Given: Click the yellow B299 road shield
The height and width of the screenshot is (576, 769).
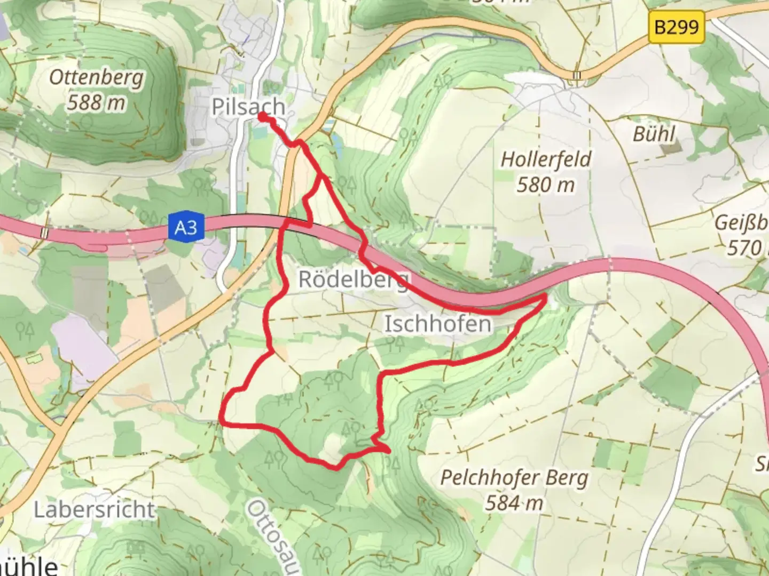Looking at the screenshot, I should pos(676,26).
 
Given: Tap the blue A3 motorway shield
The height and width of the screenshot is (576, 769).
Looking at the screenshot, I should pos(186,228).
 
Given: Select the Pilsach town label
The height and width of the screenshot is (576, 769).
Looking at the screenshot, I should pos(248,107).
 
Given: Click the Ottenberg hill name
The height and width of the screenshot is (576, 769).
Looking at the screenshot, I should pos(97,78).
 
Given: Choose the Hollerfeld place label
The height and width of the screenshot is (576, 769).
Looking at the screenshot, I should pos(546,159).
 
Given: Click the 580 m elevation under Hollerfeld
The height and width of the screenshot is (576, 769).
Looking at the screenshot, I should pos(546,185).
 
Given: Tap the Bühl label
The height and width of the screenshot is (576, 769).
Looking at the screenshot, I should pos(654,133).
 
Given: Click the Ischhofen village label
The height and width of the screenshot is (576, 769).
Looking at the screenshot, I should pos(438,324).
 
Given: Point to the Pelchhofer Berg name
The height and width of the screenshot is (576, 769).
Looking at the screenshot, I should pos(514,478).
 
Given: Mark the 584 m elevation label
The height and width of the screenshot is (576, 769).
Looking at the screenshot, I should pos(514,502).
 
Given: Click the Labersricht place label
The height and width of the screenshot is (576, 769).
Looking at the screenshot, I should pos(94,510).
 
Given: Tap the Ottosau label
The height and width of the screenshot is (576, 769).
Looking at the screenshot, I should pos(272,536).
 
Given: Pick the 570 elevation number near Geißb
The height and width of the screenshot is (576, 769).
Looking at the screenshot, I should pos(744,248).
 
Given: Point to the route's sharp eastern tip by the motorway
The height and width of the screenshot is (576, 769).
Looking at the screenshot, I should pos(545,295).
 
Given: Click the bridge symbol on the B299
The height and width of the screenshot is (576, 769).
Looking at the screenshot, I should pos(577,76).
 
